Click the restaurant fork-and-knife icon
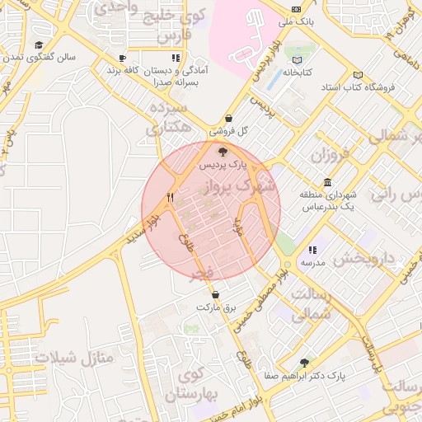tap(170, 197)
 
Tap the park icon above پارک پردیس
tap(223, 151)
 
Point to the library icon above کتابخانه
tap(298, 59)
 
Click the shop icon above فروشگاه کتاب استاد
tap(359, 73)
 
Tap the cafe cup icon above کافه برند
tap(122, 59)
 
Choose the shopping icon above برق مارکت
tap(216, 294)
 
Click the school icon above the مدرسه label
tap(312, 250)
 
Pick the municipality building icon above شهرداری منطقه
tap(328, 182)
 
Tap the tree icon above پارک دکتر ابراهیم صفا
tap(305, 363)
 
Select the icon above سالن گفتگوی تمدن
tap(39, 45)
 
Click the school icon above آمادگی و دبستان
tap(175, 59)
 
